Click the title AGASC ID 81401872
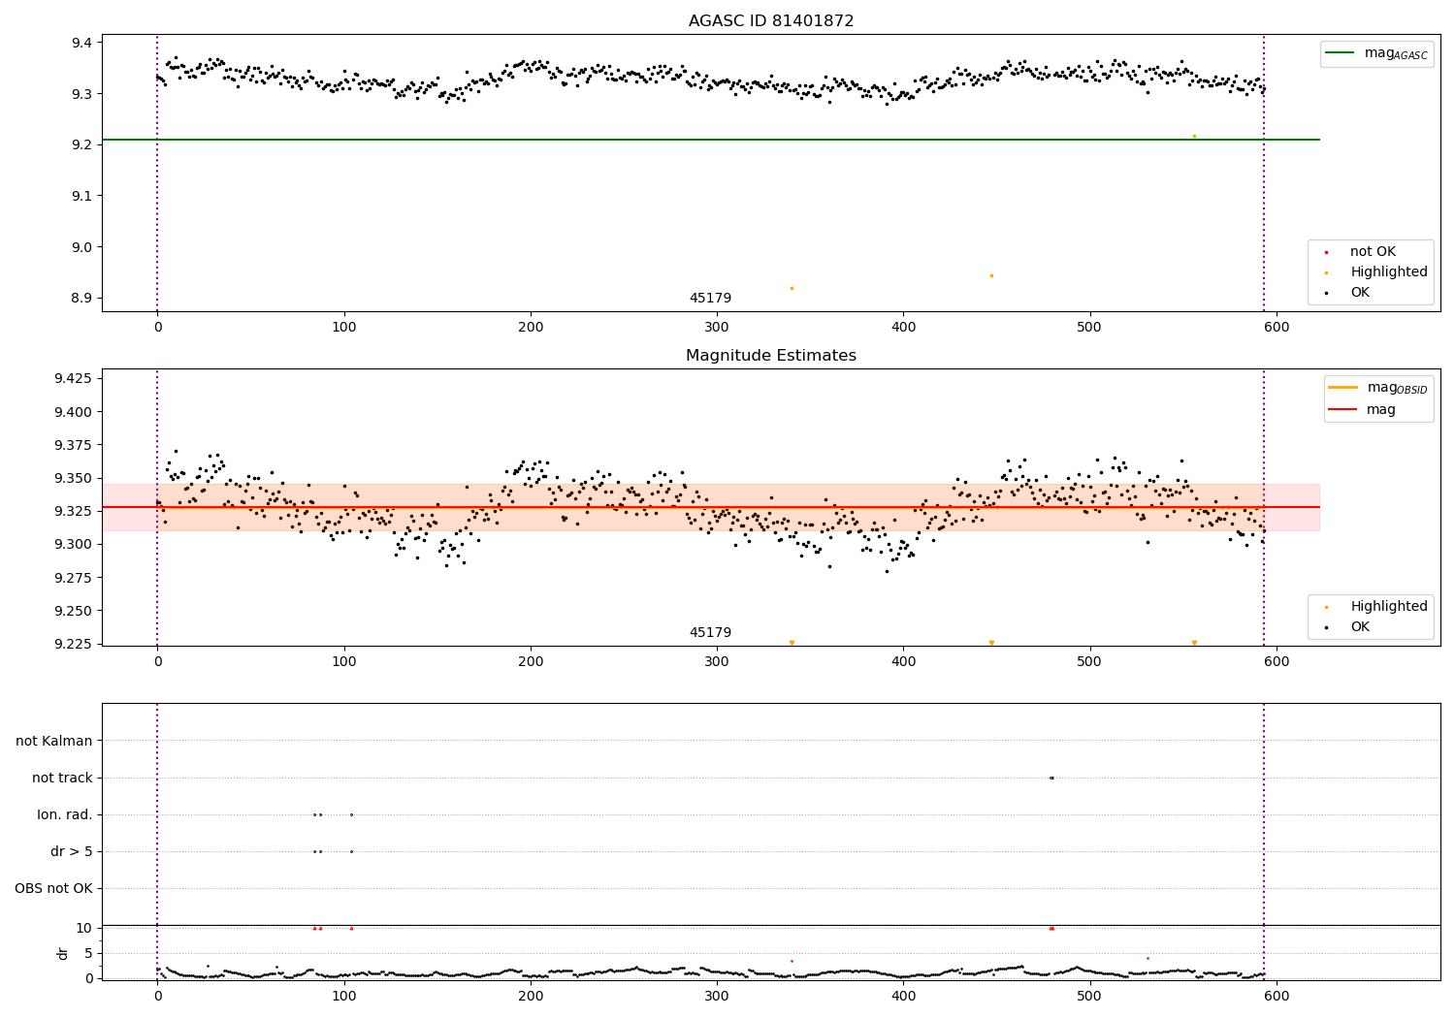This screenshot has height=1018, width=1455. [771, 21]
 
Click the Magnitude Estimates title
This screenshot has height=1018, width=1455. [771, 356]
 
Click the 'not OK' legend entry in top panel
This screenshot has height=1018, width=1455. [1373, 252]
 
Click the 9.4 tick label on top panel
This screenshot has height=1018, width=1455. [81, 43]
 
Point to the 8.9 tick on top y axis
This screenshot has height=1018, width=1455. [81, 298]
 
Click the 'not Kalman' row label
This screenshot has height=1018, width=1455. [54, 741]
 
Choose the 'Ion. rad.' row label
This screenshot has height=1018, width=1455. [65, 814]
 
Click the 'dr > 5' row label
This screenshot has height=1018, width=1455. [71, 851]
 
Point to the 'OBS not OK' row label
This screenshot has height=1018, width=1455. [53, 888]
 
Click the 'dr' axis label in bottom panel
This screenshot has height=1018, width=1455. [63, 953]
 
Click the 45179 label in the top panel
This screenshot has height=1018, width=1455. [710, 298]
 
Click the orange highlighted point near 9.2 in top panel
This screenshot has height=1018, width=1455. [1194, 136]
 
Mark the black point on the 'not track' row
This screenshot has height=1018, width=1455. [1051, 778]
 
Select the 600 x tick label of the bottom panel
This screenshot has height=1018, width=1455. [1277, 996]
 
